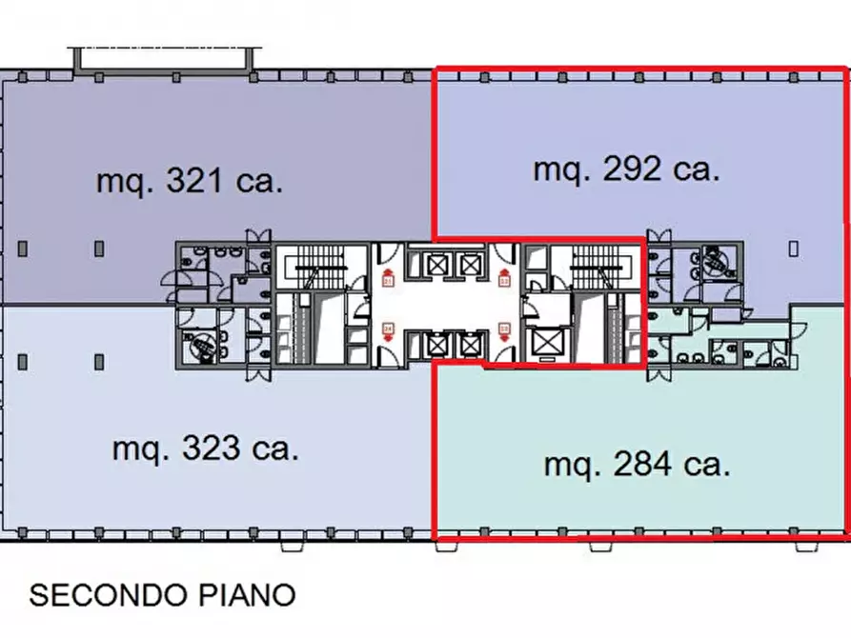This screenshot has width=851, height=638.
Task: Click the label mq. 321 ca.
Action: [x=190, y=181]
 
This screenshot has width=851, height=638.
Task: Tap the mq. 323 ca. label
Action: [x=205, y=449]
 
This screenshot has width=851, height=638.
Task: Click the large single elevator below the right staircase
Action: [x=548, y=341]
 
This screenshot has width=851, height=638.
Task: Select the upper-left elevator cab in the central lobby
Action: [x=420, y=263]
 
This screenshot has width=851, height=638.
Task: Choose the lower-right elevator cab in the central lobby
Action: [x=470, y=343]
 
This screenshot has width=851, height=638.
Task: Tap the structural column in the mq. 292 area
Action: [x=794, y=248]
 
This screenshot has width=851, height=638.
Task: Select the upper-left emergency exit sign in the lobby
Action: [x=388, y=281]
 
